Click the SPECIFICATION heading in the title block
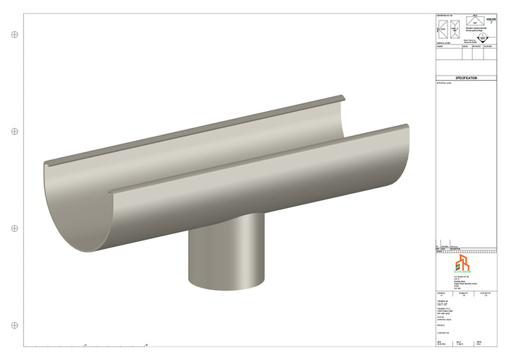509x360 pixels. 466,79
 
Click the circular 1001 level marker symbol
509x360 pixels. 483,39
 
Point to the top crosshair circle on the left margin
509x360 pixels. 14,34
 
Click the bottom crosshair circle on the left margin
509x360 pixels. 14,325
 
